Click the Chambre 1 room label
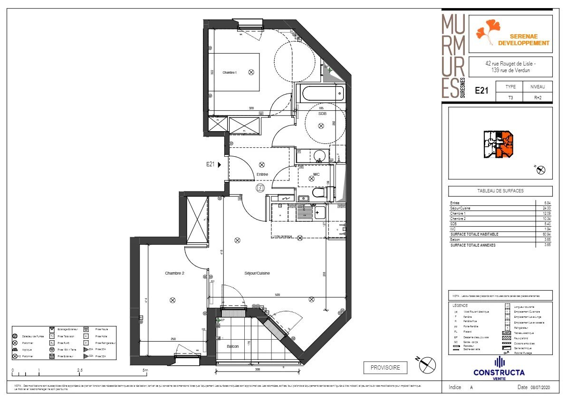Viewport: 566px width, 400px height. [x=230, y=72]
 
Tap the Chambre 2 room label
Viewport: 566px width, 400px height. [x=174, y=273]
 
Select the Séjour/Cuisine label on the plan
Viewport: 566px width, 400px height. [x=257, y=273]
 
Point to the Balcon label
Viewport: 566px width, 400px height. [x=232, y=346]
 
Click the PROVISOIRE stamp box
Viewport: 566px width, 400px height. [x=385, y=367]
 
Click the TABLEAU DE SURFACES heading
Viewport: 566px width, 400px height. [x=500, y=191]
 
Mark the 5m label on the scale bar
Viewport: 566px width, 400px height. [x=145, y=370]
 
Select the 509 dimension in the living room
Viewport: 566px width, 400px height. [x=277, y=295]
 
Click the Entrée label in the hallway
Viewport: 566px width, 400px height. [x=262, y=174]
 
